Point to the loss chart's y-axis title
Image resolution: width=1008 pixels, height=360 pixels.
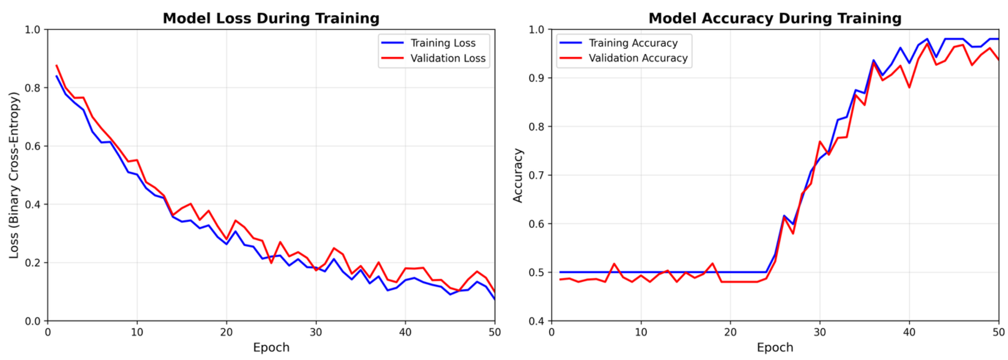(14, 175)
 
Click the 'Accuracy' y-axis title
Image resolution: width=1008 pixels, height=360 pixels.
(518, 175)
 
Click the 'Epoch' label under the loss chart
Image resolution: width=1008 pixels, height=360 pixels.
(271, 347)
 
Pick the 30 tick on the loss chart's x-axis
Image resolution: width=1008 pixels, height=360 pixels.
(316, 332)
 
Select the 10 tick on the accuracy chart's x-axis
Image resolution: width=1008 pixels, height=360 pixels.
(641, 332)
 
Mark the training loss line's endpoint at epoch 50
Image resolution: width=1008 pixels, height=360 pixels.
(495, 299)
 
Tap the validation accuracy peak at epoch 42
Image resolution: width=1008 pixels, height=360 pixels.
(927, 44)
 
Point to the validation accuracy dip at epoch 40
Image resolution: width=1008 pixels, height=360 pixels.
(909, 87)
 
